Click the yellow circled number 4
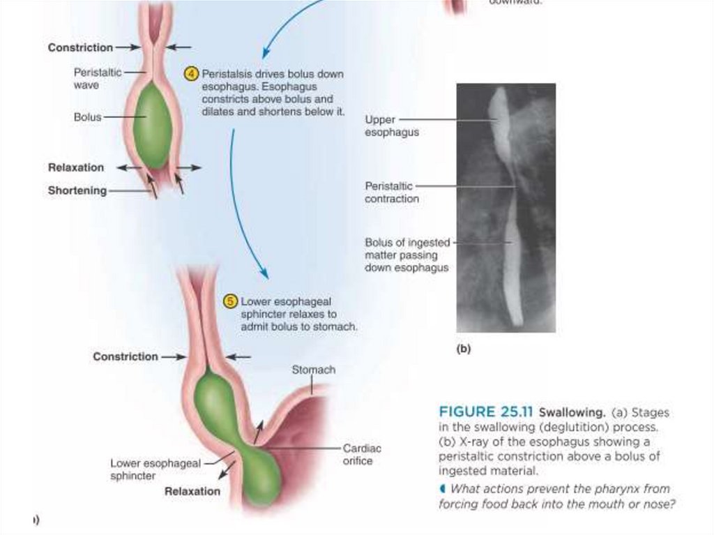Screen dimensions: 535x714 point(191,74)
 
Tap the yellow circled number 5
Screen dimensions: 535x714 point(230,301)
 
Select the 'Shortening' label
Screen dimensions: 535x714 point(77,190)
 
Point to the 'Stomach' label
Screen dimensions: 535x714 point(313,370)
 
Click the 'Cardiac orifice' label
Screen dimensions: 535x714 point(362,454)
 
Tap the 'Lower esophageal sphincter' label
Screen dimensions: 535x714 point(155,469)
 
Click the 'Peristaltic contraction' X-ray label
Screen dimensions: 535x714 point(392,193)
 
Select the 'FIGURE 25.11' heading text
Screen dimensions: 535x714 point(485,412)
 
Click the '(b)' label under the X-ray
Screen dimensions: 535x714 point(464,349)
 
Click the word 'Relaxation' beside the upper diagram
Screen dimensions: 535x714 point(76,167)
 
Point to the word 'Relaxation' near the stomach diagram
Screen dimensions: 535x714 point(192,491)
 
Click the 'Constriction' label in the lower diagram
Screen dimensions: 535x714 point(126,356)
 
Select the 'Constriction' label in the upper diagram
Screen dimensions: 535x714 point(80,47)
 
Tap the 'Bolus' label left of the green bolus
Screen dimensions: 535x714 point(88,117)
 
